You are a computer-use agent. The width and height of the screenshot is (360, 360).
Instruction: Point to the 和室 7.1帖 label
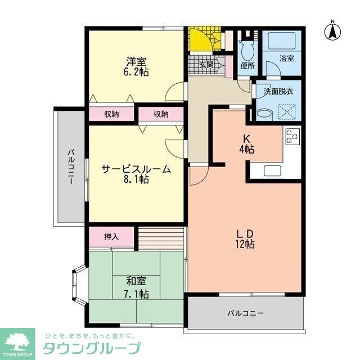pyautogui.click(x=137, y=287)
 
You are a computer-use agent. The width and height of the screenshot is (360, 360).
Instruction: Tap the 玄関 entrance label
pyautogui.click(x=207, y=65)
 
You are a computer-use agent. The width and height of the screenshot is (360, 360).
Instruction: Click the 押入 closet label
pyautogui.click(x=111, y=237)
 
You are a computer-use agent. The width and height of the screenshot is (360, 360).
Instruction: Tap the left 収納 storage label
pyautogui.click(x=111, y=114)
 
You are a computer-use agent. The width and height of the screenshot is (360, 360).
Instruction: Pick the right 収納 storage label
pyautogui.click(x=161, y=114)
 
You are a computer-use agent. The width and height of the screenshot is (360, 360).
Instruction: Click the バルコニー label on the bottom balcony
pyautogui.click(x=245, y=313)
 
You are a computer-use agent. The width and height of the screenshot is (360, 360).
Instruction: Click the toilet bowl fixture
pyautogui.click(x=246, y=51)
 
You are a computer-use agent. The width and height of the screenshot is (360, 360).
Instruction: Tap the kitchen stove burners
pyautogui.click(x=292, y=137)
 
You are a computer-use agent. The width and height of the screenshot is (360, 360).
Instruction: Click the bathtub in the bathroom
pyautogui.click(x=282, y=41)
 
